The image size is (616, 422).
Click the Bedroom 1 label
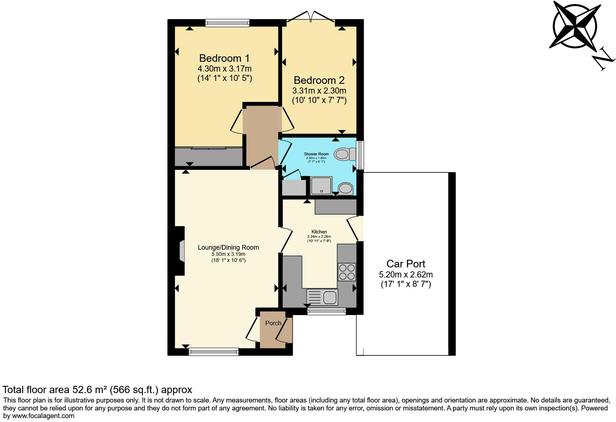click(x=224, y=58)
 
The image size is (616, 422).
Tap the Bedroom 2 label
click(x=319, y=80)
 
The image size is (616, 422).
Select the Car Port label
click(x=406, y=264)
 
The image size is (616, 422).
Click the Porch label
click(x=273, y=323)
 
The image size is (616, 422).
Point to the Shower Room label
click(x=316, y=154)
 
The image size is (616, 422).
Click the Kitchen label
click(x=319, y=232)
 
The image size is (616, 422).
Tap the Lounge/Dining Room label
click(x=228, y=247)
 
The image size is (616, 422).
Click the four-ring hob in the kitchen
click(x=347, y=272)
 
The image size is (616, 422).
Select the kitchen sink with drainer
click(x=322, y=297)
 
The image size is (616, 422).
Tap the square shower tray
click(x=321, y=186)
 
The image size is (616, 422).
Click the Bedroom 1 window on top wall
click(x=227, y=23)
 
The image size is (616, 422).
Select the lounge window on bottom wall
click(x=213, y=351)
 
